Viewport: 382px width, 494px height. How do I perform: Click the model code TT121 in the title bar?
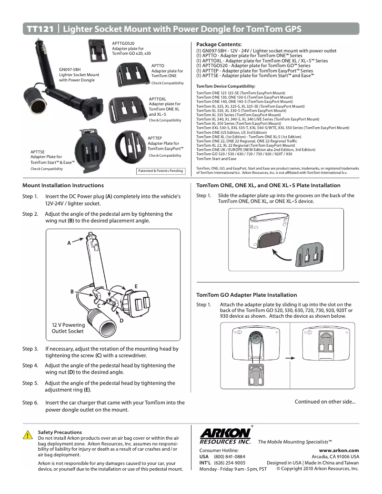point(40,29)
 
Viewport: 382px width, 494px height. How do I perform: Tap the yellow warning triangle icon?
point(29,435)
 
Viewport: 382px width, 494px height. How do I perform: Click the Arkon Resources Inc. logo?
point(225,436)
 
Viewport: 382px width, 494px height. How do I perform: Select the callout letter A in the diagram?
point(69,243)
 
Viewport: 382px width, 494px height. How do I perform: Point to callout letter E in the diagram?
point(136,286)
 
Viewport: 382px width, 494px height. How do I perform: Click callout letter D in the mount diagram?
point(121,320)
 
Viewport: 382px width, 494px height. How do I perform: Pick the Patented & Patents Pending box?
point(161,171)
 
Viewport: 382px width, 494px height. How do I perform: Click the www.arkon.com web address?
point(339,450)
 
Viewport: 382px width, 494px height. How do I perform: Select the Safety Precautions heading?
point(60,432)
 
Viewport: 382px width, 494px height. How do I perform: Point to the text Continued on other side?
point(325,402)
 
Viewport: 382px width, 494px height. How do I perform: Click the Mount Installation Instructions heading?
point(63,185)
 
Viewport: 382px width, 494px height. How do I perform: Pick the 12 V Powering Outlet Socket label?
point(68,328)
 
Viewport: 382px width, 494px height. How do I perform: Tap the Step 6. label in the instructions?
point(30,403)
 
